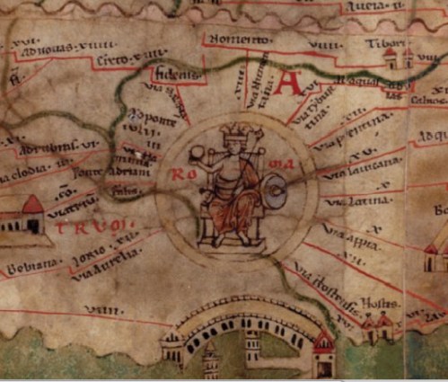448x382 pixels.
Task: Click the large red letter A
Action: click(x=289, y=84)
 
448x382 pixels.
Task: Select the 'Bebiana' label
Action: click(x=32, y=266)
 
